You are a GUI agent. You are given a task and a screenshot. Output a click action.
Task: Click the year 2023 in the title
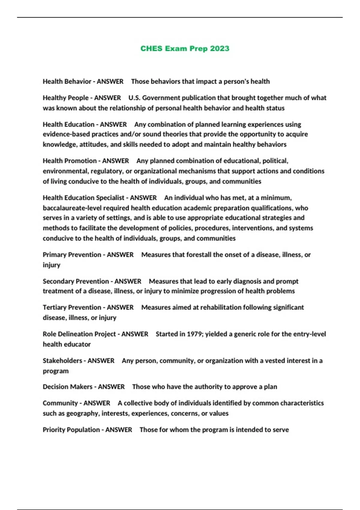tap(220, 49)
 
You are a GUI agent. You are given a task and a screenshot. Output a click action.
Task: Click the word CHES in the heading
tap(151, 49)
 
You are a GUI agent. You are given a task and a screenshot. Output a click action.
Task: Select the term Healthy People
tap(65, 98)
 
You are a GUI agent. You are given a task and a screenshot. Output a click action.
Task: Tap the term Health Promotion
tap(70, 161)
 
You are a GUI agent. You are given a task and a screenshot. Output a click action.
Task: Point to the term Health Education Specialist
tap(83, 198)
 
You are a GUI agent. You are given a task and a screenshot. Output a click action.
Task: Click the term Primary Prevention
tap(72, 255)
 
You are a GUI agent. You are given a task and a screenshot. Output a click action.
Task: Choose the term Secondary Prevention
tap(76, 281)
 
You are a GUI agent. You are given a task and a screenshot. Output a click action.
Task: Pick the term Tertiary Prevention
tap(72, 307)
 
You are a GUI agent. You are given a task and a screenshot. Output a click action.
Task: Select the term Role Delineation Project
tap(79, 334)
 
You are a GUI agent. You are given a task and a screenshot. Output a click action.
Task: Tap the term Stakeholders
tap(62, 361)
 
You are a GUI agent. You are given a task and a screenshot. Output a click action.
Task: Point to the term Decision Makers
tap(67, 387)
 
